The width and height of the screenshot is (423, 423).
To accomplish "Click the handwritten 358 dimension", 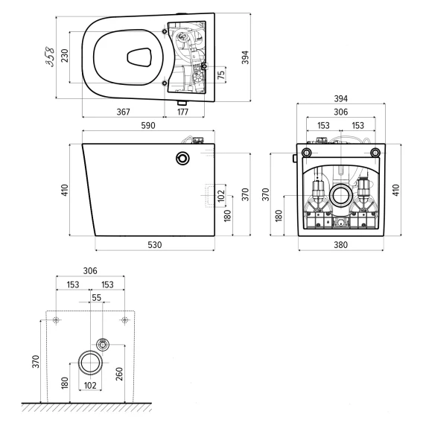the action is pyautogui.click(x=50, y=57).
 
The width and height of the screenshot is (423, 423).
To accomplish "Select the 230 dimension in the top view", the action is pyautogui.click(x=65, y=56).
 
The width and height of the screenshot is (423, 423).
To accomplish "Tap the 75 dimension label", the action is pyautogui.click(x=221, y=74).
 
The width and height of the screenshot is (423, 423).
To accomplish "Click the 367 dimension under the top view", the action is pyautogui.click(x=124, y=112).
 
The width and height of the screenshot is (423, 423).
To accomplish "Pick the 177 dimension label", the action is pyautogui.click(x=182, y=112).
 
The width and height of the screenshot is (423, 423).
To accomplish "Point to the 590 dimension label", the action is pyautogui.click(x=148, y=125).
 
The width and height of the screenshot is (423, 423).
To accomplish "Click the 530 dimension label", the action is pyautogui.click(x=155, y=245).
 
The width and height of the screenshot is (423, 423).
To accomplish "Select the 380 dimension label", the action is pyautogui.click(x=341, y=245).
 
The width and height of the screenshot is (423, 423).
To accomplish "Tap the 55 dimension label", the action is pyautogui.click(x=96, y=298).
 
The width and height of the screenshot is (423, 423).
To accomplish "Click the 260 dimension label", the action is pyautogui.click(x=119, y=374).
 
